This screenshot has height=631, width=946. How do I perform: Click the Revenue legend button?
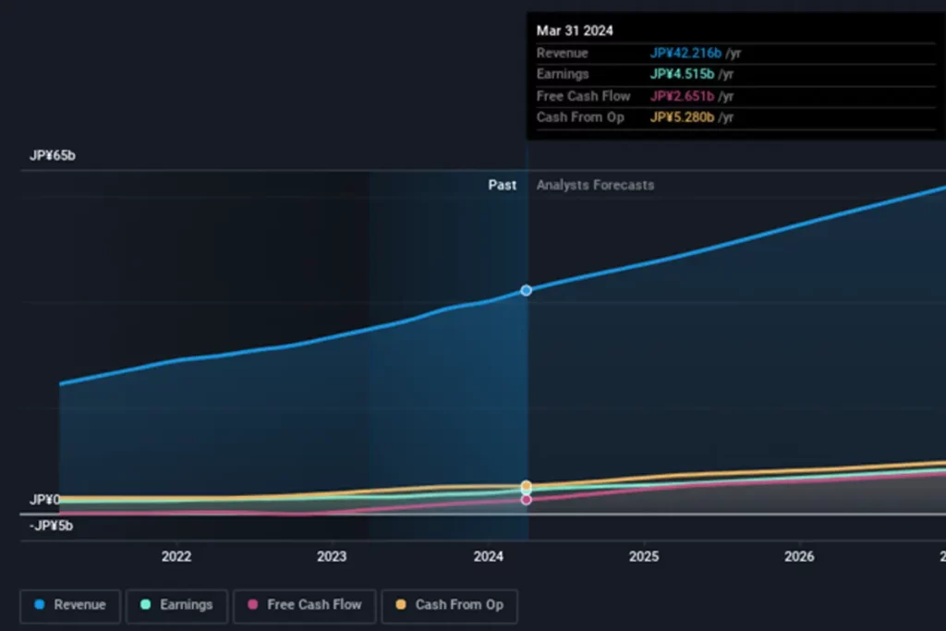[70, 605]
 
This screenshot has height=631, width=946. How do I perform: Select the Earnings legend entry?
[176, 605]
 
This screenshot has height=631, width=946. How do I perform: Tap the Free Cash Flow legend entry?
[305, 605]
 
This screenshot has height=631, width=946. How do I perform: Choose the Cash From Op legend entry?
[450, 605]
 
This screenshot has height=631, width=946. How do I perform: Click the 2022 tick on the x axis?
[176, 556]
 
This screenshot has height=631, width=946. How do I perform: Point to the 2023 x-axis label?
[332, 556]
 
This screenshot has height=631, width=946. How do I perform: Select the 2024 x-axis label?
[488, 556]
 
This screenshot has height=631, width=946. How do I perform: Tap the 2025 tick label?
[644, 556]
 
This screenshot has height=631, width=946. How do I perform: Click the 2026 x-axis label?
[799, 556]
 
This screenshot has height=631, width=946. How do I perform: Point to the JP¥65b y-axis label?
[53, 155]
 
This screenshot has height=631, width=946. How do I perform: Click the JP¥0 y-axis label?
[44, 500]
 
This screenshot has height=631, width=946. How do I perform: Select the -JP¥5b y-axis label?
[51, 526]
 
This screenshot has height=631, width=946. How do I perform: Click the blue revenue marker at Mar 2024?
[527, 290]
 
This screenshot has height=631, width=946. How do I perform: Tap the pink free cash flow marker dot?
[527, 500]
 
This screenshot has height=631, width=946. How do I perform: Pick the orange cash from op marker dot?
[527, 485]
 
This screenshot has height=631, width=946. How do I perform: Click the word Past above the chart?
[503, 185]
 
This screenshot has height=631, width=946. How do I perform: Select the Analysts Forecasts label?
[595, 185]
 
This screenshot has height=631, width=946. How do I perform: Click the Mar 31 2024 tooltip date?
[575, 30]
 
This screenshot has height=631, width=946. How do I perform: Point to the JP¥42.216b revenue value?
[685, 53]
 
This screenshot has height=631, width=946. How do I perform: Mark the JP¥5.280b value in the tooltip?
[682, 117]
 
